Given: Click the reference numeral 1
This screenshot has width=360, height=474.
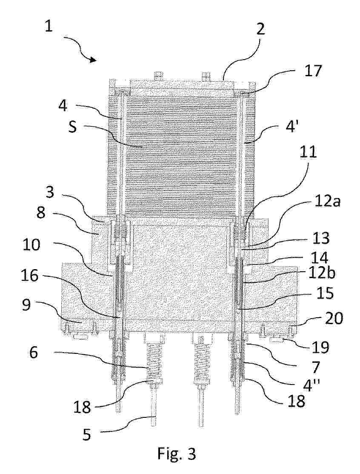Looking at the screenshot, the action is pos(49,26).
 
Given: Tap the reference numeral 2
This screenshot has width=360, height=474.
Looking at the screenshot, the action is pos(260,29).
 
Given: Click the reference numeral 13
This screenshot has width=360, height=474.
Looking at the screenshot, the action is pos(321,239).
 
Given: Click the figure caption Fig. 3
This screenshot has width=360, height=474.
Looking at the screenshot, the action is pos(177,454).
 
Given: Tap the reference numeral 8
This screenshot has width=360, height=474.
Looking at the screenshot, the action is pos(41,213).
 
